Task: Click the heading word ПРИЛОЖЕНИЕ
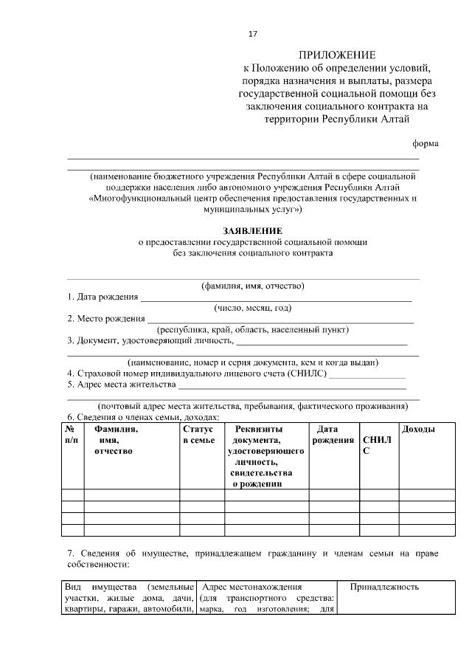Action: click(336, 55)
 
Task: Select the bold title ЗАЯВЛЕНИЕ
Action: click(243, 230)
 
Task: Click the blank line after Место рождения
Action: click(280, 320)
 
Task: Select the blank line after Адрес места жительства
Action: click(292, 385)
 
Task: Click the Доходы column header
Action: click(417, 430)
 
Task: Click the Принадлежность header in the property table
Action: click(384, 587)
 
